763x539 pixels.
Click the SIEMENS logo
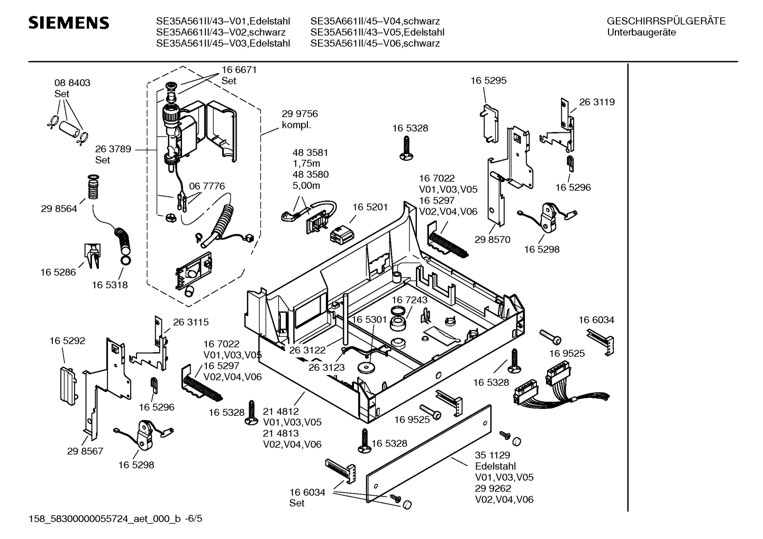[69, 23]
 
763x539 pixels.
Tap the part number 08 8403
[72, 83]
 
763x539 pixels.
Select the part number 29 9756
[299, 114]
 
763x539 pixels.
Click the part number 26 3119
[597, 102]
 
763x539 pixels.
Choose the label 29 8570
[492, 240]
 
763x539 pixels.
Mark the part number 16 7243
[410, 300]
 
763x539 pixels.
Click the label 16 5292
[67, 341]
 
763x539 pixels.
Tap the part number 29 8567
[85, 451]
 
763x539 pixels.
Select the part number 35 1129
[492, 455]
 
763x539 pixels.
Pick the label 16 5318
[110, 285]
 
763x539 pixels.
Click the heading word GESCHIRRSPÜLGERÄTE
[666, 22]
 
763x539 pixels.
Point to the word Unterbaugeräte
[642, 32]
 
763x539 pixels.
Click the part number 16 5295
[488, 81]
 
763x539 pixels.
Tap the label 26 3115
[190, 322]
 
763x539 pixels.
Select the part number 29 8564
[59, 209]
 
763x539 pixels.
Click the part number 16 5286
[58, 272]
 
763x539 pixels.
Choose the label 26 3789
[113, 149]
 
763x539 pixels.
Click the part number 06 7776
[207, 186]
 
